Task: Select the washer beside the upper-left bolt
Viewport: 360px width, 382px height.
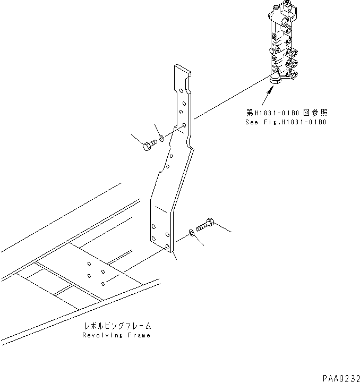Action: click(x=162, y=141)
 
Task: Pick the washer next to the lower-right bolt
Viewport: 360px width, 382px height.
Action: click(x=191, y=233)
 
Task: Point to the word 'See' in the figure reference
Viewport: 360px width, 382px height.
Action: click(x=251, y=122)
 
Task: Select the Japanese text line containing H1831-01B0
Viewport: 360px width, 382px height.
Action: click(x=287, y=113)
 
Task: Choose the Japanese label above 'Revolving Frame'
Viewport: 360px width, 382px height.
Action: click(x=116, y=326)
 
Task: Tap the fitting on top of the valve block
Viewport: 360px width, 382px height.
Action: click(x=288, y=8)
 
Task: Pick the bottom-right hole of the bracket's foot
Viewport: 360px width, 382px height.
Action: click(x=168, y=248)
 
